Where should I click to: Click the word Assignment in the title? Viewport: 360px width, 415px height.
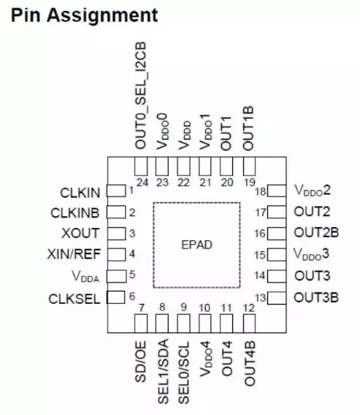[102, 15]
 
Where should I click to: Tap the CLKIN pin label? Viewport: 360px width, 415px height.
[80, 193]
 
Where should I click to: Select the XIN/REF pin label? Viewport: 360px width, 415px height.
[74, 254]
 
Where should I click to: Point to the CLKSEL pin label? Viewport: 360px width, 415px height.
[74, 299]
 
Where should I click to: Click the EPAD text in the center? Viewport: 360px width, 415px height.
[197, 245]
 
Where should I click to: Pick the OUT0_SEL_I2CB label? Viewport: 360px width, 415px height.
[141, 95]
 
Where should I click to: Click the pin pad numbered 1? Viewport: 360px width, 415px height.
[116, 191]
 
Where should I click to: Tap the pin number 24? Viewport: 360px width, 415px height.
[142, 183]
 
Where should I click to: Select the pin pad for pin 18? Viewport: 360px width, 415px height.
[277, 191]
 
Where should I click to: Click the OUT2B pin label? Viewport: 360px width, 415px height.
[316, 232]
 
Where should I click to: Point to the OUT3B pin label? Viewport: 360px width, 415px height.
[316, 297]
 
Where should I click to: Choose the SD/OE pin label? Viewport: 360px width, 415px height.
[141, 362]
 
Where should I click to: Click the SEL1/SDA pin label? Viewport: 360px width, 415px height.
[163, 372]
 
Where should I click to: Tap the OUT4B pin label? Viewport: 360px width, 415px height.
[250, 363]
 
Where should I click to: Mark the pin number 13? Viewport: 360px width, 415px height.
[260, 298]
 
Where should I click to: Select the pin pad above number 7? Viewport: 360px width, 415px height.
[141, 324]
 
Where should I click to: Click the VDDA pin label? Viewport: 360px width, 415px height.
[85, 276]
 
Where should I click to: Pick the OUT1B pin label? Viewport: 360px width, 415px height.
[248, 129]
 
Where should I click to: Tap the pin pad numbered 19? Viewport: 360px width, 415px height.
[249, 166]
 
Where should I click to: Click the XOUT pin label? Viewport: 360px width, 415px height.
[80, 233]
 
